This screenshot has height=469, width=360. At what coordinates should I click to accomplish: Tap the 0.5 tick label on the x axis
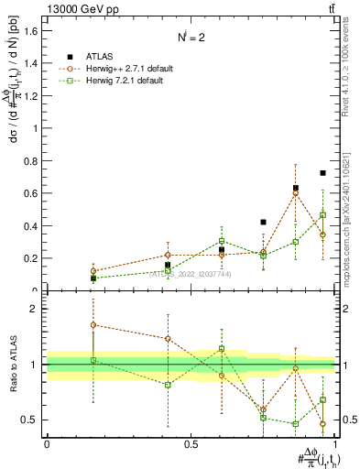[x=191, y=444]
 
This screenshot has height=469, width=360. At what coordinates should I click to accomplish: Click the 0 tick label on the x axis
[x=47, y=444]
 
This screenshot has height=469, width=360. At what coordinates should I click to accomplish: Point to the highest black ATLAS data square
[x=322, y=173]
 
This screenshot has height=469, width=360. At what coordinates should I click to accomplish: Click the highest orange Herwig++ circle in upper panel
[x=295, y=193]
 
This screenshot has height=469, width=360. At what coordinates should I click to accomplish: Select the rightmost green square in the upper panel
[x=322, y=215]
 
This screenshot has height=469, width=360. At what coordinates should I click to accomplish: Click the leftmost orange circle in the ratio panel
[x=93, y=324]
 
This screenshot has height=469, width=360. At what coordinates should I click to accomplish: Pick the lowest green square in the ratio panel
[x=295, y=424]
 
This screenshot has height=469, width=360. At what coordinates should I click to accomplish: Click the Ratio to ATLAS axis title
[x=13, y=365]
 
